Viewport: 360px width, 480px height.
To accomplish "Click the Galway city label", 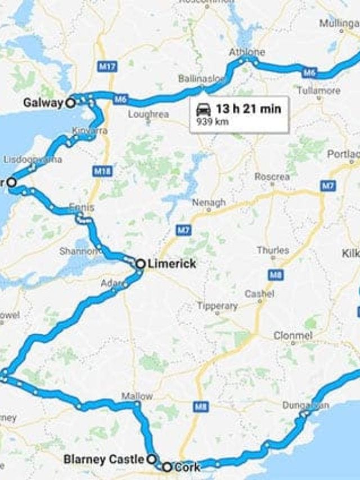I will pyautogui.click(x=43, y=103).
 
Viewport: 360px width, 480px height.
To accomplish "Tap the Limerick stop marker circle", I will pyautogui.click(x=140, y=263).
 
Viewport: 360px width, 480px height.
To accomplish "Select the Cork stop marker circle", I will pyautogui.click(x=167, y=467).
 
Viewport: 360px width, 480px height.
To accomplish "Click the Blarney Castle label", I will pyautogui.click(x=103, y=460).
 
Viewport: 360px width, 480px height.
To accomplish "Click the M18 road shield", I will pyautogui.click(x=102, y=171).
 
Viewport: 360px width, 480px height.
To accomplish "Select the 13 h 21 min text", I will pyautogui.click(x=248, y=109).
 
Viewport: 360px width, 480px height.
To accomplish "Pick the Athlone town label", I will pyautogui.click(x=246, y=52).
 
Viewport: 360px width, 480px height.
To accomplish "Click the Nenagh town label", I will pyautogui.click(x=209, y=202).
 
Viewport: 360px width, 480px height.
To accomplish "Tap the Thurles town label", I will pyautogui.click(x=273, y=250).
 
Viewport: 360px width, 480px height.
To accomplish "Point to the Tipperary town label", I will pyautogui.click(x=217, y=306).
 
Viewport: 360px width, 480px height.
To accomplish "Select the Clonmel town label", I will pyautogui.click(x=293, y=335).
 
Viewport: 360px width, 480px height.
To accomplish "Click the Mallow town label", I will pyautogui.click(x=137, y=396).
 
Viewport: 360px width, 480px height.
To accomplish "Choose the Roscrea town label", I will pyautogui.click(x=272, y=176).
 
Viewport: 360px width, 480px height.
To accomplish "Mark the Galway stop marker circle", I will pyautogui.click(x=70, y=103).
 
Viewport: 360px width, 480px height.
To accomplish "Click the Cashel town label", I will pyautogui.click(x=259, y=294).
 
